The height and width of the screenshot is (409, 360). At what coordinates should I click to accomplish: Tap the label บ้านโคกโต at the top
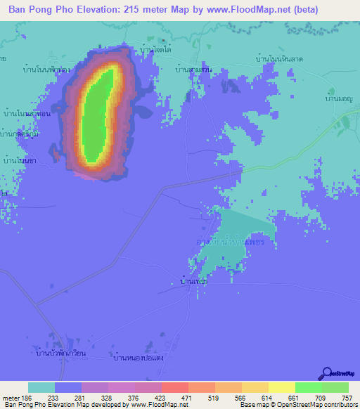point(157,51)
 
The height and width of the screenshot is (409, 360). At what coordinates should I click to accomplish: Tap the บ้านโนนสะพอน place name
point(25,112)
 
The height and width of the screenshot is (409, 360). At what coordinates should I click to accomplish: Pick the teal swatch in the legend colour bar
point(41,387)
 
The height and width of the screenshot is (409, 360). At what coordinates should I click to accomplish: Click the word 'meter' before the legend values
point(11,397)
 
